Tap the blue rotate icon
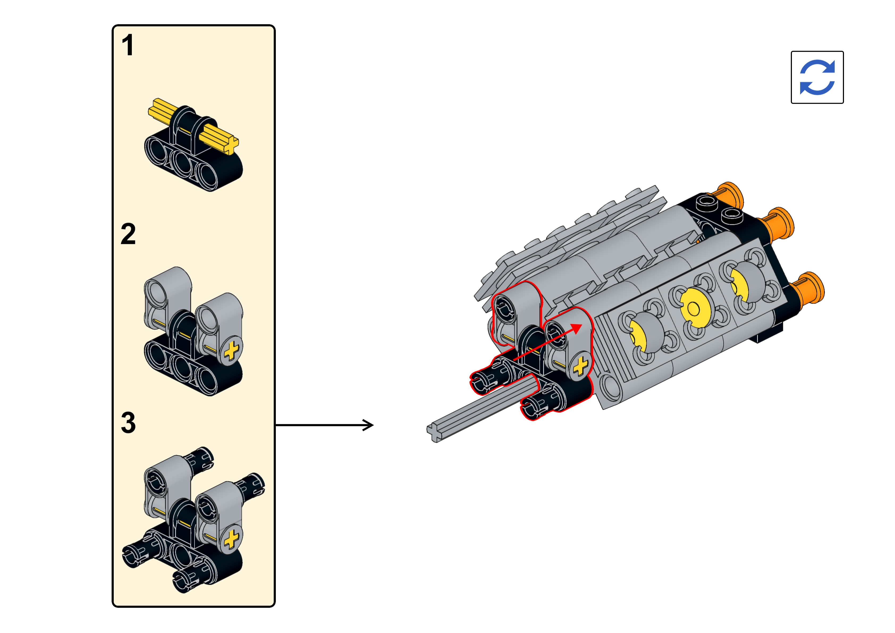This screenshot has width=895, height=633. (817, 77)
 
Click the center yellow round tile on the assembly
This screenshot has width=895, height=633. (693, 308)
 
